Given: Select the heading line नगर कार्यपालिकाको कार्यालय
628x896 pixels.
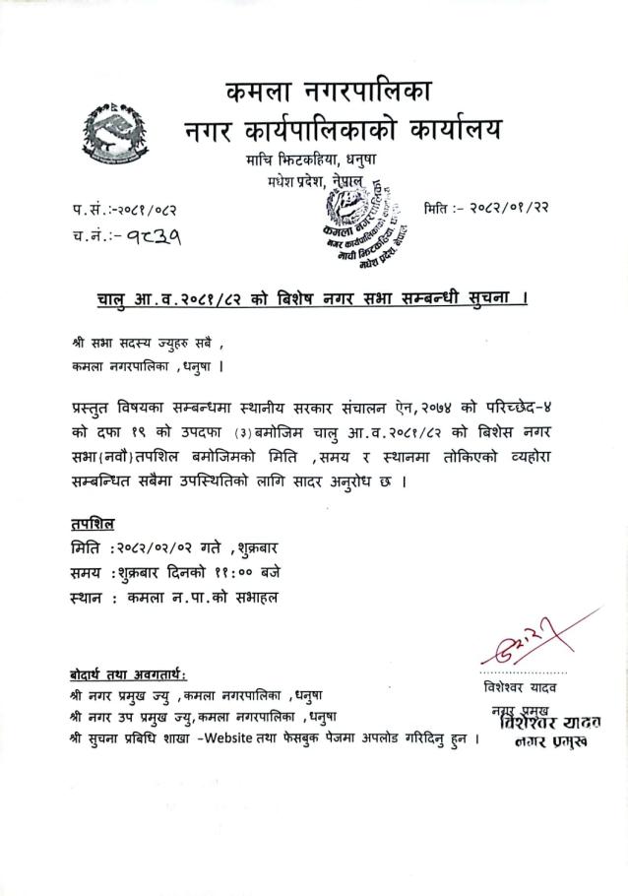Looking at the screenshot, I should point(343,130).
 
